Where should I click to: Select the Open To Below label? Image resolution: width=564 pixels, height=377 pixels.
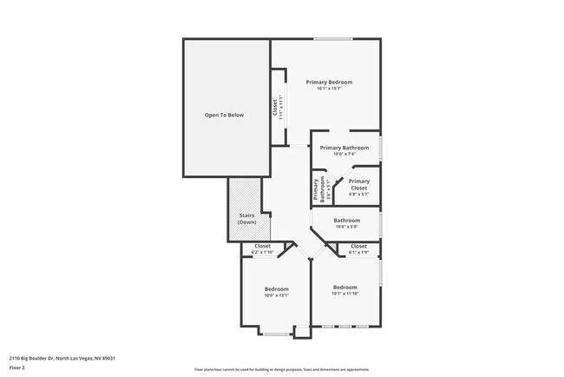[224, 115]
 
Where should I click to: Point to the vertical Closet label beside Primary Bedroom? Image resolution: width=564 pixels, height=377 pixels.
[275, 107]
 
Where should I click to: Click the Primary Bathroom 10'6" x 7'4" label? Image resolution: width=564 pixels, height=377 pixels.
[344, 148]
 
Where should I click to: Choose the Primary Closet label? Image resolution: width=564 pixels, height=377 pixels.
[358, 184]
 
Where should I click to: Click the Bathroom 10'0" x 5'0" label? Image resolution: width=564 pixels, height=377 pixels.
[346, 221]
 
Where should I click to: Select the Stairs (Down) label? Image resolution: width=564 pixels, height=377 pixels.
[247, 219]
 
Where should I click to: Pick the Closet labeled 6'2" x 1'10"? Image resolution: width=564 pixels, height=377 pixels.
[263, 247]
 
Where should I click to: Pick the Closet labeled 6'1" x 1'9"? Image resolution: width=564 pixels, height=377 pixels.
[358, 247]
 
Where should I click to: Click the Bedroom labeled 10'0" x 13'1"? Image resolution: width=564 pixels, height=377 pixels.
[277, 288]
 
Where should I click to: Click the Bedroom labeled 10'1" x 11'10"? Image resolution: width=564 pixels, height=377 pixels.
[345, 287]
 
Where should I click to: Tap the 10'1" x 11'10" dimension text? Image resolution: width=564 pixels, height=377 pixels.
[345, 294]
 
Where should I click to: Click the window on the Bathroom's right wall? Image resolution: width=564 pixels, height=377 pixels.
[381, 224]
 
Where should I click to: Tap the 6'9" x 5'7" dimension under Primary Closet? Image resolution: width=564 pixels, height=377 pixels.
[358, 195]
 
